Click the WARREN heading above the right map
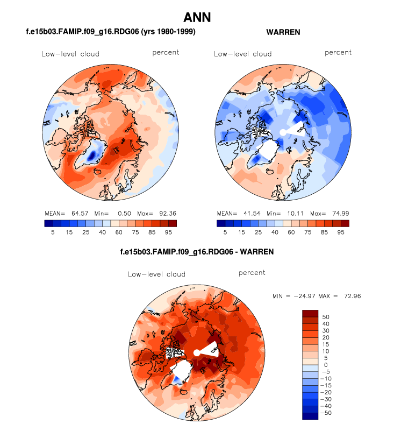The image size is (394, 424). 283,32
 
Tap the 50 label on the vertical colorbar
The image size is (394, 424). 326,317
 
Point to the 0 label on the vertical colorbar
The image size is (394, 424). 324,365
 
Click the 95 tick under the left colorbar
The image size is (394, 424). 172,232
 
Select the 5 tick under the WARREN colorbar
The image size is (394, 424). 225,232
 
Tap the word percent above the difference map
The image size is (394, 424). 252,273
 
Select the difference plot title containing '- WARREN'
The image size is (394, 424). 196,251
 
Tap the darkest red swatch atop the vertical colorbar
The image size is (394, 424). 310,313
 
